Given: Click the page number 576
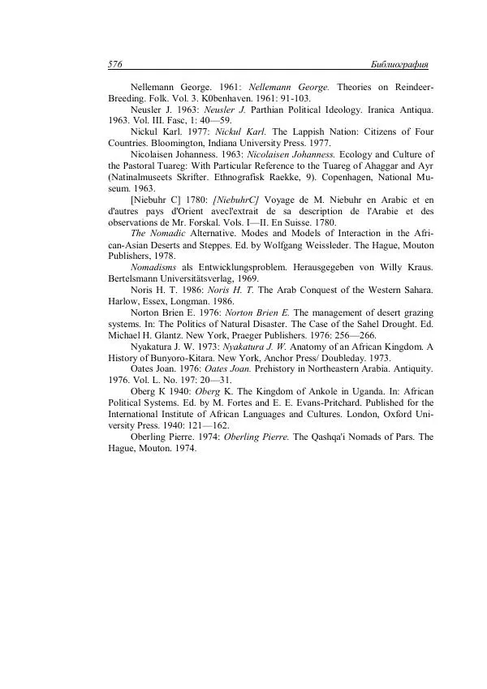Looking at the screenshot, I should (114, 63).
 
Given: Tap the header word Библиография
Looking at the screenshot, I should (399, 63).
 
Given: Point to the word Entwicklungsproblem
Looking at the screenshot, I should (233, 268).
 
